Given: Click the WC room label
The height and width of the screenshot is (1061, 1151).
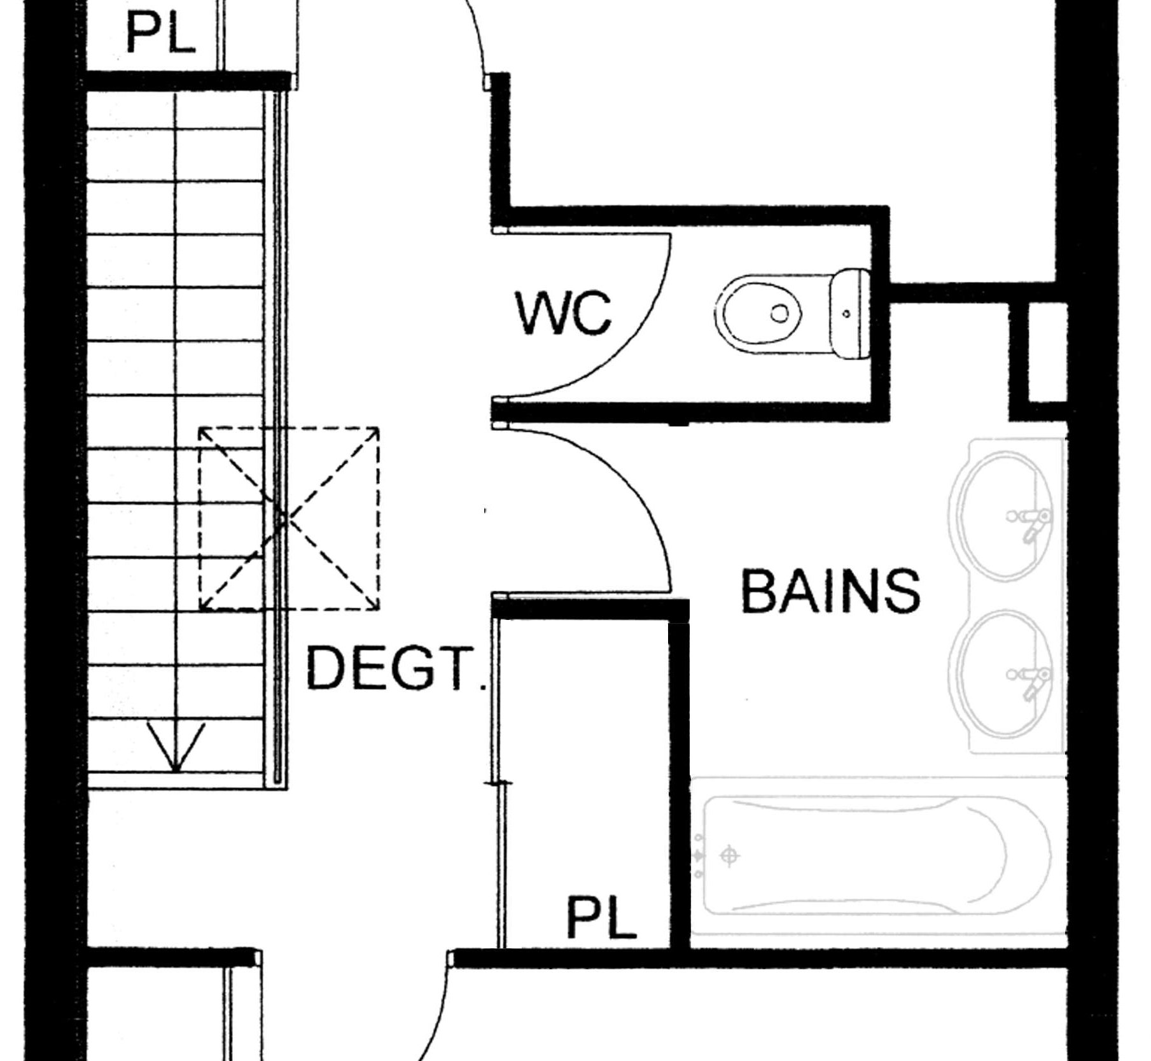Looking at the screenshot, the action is (563, 313).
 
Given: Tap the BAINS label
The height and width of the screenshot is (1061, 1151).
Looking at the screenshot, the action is (831, 591).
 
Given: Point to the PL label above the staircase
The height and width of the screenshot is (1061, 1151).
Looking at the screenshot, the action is (160, 33).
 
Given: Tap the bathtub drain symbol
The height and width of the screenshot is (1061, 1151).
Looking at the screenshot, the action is (729, 856).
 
